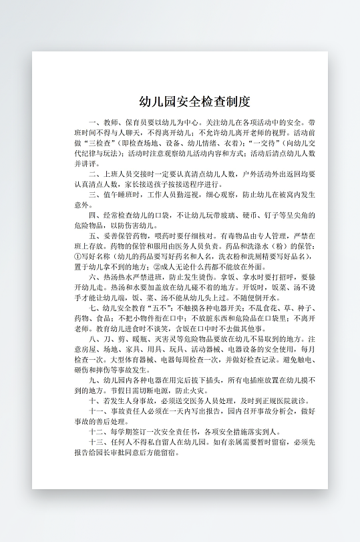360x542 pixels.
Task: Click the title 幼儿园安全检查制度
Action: [194, 102]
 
